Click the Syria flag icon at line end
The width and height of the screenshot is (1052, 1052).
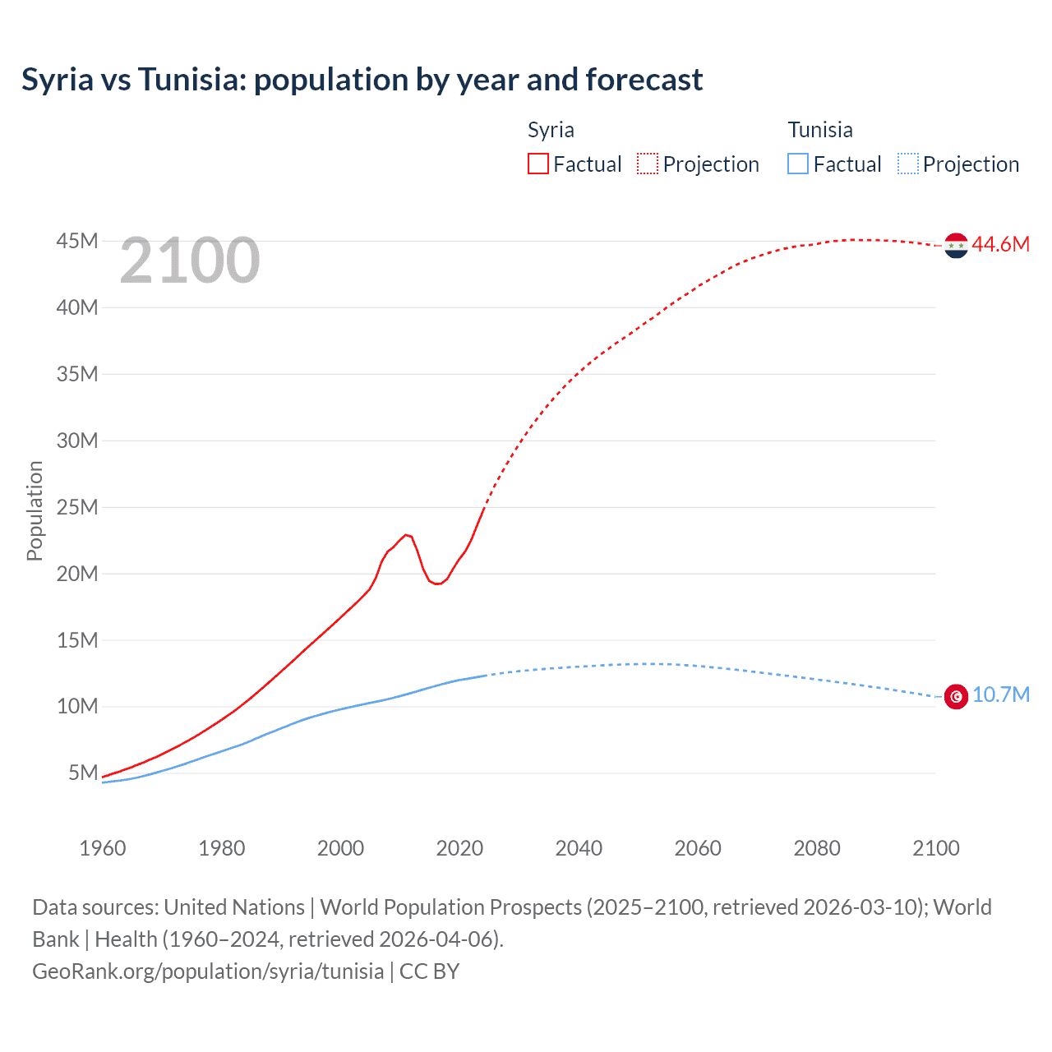click(x=956, y=245)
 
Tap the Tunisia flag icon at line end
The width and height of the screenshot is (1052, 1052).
click(x=956, y=696)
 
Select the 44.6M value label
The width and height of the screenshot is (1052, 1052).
click(x=1000, y=244)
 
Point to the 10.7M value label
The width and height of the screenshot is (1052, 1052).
click(x=1000, y=695)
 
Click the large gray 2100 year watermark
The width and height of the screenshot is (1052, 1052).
click(x=190, y=261)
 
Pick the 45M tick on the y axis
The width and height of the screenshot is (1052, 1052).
click(x=77, y=241)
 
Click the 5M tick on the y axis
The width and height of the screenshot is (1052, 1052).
click(x=83, y=773)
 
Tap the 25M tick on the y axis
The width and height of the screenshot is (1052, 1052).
click(x=77, y=507)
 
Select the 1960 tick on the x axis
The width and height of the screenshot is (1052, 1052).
click(x=103, y=848)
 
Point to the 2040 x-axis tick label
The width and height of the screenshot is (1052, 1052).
click(x=579, y=848)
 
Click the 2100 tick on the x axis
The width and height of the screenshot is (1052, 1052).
click(x=935, y=848)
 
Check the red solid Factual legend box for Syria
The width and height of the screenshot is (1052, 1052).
click(x=538, y=164)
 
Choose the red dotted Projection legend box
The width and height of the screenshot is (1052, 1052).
click(x=648, y=164)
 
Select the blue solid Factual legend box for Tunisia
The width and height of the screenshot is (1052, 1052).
click(x=798, y=164)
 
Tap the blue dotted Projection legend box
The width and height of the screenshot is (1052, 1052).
click(x=908, y=164)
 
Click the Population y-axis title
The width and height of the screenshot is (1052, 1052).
click(x=35, y=510)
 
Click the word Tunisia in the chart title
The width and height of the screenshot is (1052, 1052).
click(x=191, y=80)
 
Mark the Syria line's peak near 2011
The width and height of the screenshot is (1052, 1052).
click(x=406, y=535)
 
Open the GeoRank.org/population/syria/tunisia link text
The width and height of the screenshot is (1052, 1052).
click(x=208, y=971)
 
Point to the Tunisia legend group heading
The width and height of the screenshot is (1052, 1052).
click(x=820, y=130)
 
